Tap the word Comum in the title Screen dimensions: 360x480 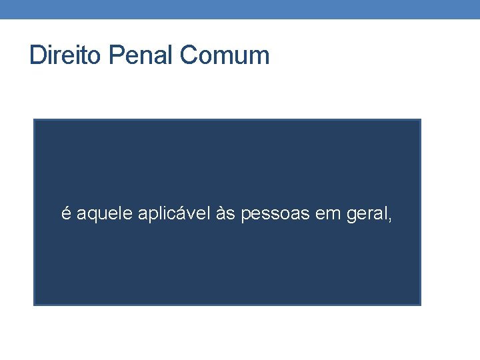tap(224, 55)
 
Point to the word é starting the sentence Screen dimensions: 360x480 tap(66, 213)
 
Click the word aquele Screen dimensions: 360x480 tap(105, 214)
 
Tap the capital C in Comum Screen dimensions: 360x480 tap(188, 55)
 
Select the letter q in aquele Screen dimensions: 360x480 tap(92, 215)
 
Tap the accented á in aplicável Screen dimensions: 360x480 tap(175, 213)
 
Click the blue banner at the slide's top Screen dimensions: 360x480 tap(240, 9)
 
